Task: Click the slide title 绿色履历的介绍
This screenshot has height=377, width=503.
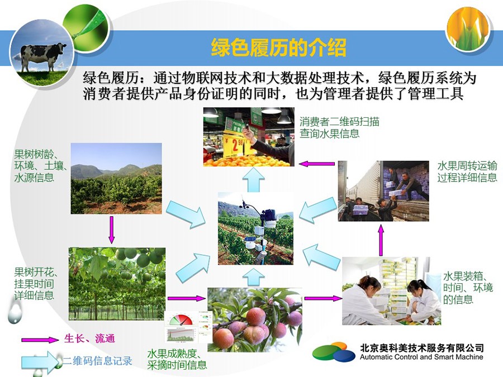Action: coord(278,48)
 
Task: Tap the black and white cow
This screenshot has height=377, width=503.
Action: coord(43,56)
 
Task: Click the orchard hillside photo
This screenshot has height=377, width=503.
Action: coord(116,179)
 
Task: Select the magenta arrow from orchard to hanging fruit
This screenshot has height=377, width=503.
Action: coord(111,230)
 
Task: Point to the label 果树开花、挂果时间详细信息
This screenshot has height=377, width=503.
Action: coord(35,284)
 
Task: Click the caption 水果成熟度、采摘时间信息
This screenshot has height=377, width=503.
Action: coord(177,359)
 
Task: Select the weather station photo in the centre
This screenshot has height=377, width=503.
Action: coord(255,228)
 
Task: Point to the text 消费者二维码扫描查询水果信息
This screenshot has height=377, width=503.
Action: coord(339,127)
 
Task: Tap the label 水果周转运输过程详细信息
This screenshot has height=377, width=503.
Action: coord(467,171)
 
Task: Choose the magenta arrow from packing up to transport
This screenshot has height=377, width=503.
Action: coord(381,240)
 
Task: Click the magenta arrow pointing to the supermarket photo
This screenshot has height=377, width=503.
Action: coord(317,164)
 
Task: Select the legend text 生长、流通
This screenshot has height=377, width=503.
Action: coord(89,338)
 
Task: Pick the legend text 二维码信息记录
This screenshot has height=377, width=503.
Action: coord(97,361)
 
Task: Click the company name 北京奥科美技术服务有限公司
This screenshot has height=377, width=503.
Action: coord(422,348)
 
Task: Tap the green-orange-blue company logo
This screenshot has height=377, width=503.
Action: coord(334,352)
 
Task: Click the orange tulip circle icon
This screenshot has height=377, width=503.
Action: coord(468,28)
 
